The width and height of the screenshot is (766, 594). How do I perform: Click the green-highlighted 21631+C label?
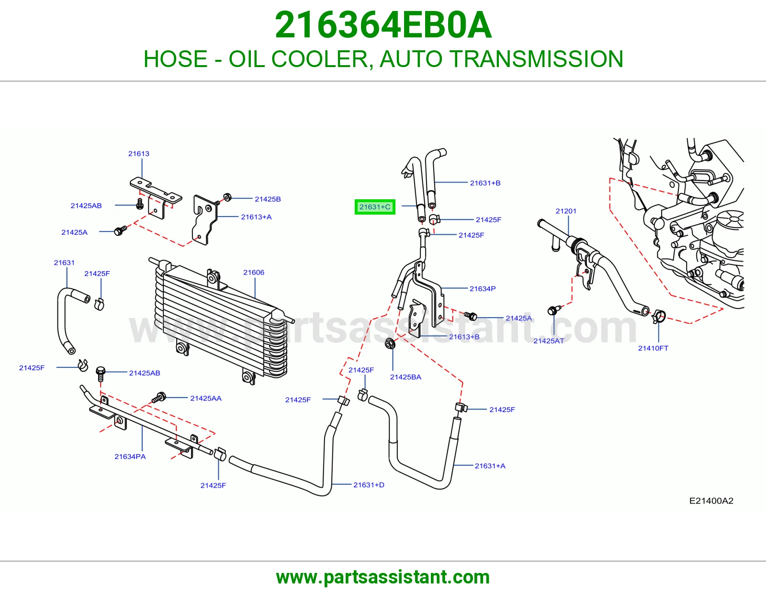[375, 207]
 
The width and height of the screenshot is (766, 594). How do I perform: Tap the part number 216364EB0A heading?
[383, 25]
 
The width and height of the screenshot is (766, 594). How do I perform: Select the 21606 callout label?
[254, 272]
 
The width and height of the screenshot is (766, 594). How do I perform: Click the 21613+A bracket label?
[256, 217]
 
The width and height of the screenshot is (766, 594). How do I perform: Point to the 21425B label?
[268, 199]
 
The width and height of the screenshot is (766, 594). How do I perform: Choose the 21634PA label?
[130, 457]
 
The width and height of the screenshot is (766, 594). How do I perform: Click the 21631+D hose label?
[369, 485]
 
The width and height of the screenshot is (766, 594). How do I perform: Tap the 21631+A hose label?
[490, 466]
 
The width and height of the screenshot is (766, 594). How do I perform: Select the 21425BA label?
[406, 377]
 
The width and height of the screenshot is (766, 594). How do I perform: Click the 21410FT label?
[653, 348]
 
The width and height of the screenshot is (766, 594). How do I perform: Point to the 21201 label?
[566, 211]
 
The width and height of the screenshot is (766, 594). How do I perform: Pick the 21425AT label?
[549, 341]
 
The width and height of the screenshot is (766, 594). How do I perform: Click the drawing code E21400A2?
[711, 501]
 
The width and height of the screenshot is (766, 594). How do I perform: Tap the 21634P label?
[483, 288]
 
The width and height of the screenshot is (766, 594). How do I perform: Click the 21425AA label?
[206, 398]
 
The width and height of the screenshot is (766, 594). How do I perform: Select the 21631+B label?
[485, 183]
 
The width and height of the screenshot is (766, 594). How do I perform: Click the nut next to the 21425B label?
[228, 197]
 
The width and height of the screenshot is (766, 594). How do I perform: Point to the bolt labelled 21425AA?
[159, 397]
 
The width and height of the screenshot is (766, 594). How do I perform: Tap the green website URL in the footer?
[383, 577]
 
